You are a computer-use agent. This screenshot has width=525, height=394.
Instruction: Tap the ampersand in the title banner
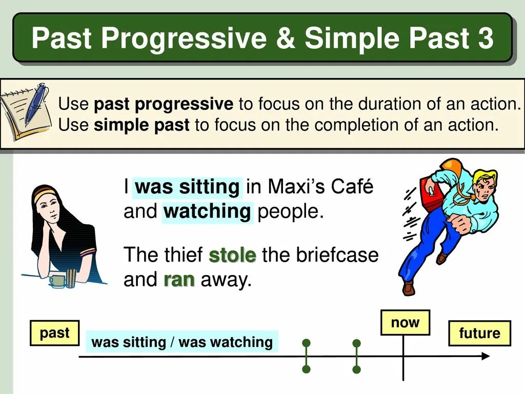coord(285,38)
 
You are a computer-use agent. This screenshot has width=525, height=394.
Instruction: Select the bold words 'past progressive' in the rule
coord(164,104)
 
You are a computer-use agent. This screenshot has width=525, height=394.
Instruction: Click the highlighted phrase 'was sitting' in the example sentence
coord(187,187)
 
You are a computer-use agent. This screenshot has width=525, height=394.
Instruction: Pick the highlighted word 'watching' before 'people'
coord(207,212)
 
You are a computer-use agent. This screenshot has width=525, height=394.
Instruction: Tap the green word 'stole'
coord(232,255)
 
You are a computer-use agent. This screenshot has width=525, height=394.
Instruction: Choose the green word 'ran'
coord(179,280)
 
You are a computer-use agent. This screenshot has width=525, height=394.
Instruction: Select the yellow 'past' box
coord(54,333)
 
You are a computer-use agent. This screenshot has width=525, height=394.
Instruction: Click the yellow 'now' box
coord(405,322)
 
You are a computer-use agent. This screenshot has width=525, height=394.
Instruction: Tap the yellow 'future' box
coord(479,333)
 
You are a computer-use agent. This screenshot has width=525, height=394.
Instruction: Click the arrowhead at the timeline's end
coord(486,356)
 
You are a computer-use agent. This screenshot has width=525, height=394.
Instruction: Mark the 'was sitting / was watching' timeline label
coord(182,342)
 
